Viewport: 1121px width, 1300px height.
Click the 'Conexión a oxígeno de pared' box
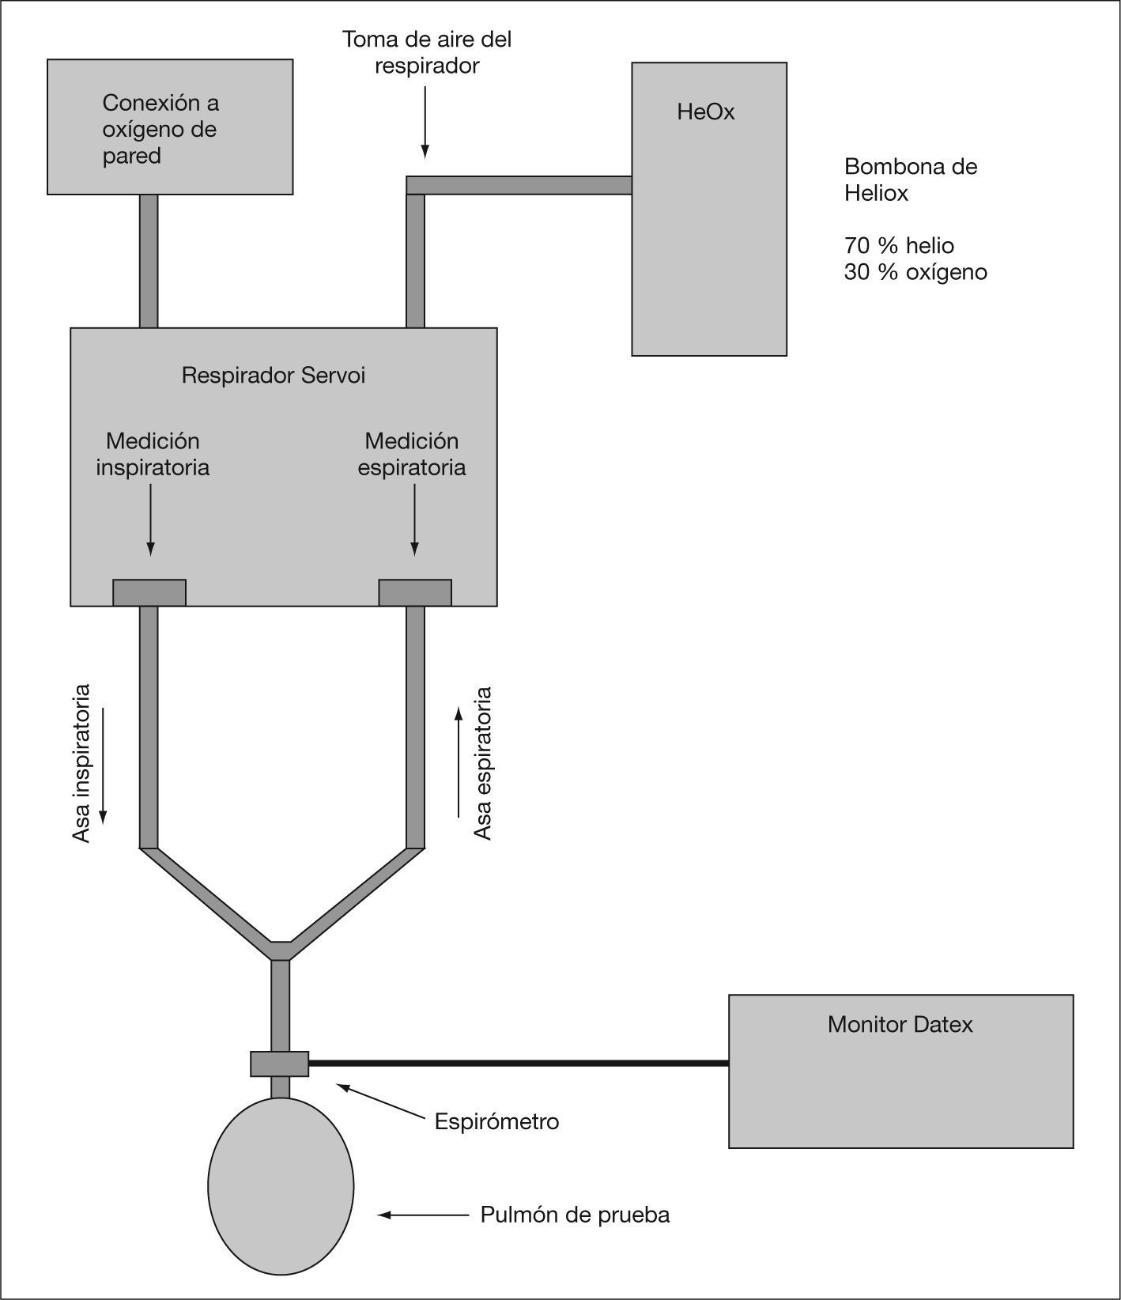[170, 127]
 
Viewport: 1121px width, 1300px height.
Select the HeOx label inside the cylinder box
[706, 112]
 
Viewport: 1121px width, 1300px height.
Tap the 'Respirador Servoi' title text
[274, 375]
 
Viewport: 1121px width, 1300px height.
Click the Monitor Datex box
[900, 1071]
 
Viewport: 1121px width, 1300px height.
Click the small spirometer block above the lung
[280, 1064]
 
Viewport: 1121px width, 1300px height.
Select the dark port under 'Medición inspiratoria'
[149, 592]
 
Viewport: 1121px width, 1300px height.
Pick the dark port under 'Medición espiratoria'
[415, 592]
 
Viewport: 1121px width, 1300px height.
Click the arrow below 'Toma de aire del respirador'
[425, 123]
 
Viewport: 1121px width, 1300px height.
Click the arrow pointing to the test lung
[423, 1215]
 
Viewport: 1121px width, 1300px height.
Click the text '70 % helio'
[899, 245]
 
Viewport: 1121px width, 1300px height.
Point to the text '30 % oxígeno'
[915, 272]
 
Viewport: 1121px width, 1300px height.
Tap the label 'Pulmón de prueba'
[575, 1215]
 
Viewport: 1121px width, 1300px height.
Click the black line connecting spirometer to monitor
[518, 1064]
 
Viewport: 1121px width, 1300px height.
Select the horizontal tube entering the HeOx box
[522, 185]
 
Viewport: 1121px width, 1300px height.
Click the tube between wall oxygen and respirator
[149, 261]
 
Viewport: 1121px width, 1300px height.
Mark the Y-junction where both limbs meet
[281, 949]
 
